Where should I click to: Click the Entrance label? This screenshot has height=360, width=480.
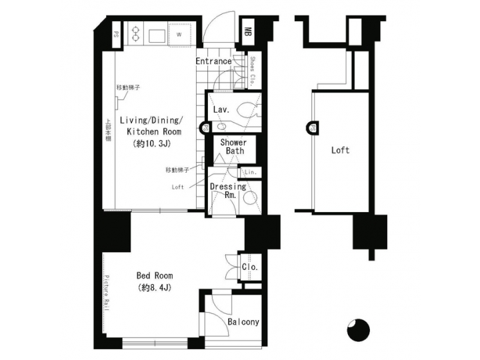[x=213, y=61]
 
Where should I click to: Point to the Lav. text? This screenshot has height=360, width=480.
[x=221, y=109]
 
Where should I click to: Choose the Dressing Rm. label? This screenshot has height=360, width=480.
[x=228, y=191]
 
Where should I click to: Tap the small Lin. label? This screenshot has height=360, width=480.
[x=251, y=173]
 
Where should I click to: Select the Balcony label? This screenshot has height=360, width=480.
[x=243, y=322]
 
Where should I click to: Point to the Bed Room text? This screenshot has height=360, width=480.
[x=155, y=275]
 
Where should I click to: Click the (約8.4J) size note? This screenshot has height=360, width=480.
[x=155, y=288]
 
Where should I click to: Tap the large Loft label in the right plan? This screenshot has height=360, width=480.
[x=340, y=150]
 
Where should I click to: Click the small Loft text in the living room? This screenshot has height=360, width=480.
[x=177, y=187]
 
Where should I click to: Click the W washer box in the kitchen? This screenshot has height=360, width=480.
[x=179, y=33]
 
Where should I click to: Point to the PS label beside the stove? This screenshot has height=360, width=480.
[x=115, y=33]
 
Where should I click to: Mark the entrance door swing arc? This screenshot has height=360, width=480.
[x=218, y=27]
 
